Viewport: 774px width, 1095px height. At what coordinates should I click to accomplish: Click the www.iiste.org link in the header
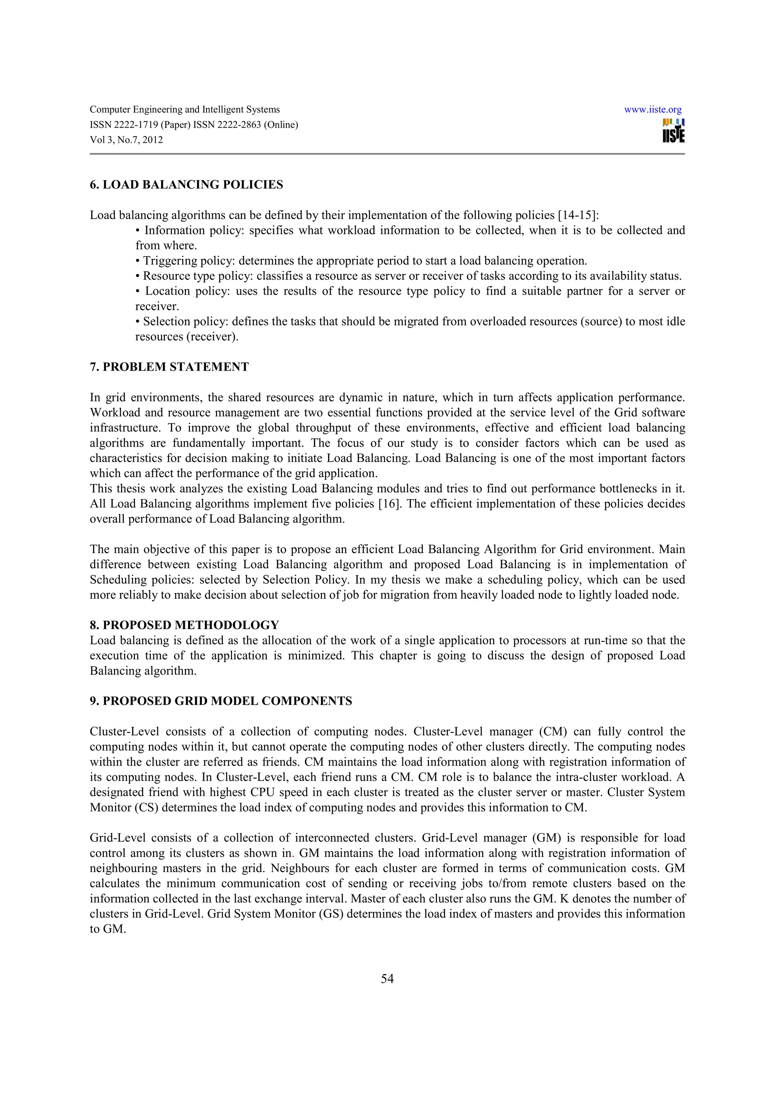(x=652, y=110)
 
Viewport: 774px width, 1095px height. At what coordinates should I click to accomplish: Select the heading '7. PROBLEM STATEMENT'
(x=169, y=367)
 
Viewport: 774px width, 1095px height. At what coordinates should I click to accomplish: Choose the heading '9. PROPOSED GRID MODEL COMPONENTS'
(x=221, y=701)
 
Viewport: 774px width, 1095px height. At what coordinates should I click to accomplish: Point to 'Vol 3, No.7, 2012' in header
(x=126, y=140)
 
